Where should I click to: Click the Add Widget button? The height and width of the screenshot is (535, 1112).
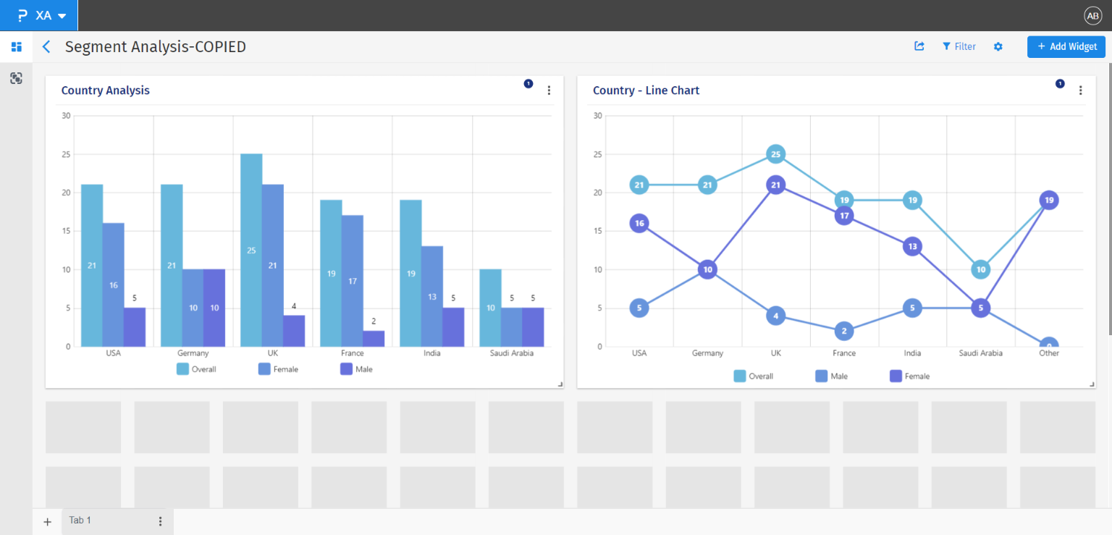[1066, 46]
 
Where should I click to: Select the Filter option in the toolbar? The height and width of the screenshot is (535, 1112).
[959, 46]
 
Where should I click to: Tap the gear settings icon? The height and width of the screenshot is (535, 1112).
[998, 46]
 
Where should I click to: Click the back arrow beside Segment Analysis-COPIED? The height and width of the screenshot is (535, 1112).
[46, 47]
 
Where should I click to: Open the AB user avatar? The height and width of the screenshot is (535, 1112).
[1092, 16]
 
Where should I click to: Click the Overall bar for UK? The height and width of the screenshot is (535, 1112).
[251, 250]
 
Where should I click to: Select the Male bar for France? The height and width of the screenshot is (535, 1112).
[374, 339]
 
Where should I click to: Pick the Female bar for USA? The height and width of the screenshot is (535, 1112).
[113, 285]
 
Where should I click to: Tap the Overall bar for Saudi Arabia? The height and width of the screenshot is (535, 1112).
[490, 308]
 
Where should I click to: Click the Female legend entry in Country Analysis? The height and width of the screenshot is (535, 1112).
[278, 369]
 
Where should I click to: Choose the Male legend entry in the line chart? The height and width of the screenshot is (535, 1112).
[831, 376]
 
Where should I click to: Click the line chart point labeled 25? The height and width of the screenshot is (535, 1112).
[775, 154]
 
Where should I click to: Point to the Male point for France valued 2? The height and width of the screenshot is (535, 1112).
[844, 331]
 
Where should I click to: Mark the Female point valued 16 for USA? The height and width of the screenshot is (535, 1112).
[639, 223]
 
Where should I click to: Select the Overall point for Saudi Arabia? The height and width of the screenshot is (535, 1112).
[980, 269]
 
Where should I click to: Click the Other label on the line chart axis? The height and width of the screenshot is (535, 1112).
[1048, 353]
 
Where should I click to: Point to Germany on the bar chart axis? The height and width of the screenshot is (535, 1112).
[193, 353]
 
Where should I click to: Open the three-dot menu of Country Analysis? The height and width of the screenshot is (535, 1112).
[549, 90]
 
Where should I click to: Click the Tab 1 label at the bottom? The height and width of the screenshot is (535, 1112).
[80, 521]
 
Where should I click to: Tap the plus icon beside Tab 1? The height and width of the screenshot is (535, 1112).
[48, 521]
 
